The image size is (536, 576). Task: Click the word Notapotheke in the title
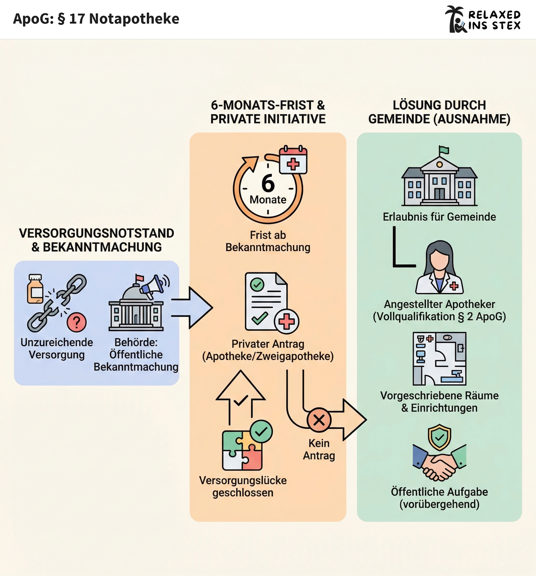point(134,19)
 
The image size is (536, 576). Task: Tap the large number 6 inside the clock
point(268,183)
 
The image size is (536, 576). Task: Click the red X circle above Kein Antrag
point(319,420)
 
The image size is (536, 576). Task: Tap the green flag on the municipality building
point(444,150)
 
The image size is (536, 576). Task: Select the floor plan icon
point(439,358)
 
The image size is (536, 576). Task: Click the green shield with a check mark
point(439,437)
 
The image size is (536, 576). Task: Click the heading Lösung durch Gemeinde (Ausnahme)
point(439,112)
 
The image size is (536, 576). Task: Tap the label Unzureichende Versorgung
point(57,349)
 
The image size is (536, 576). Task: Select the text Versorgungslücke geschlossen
point(243,486)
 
